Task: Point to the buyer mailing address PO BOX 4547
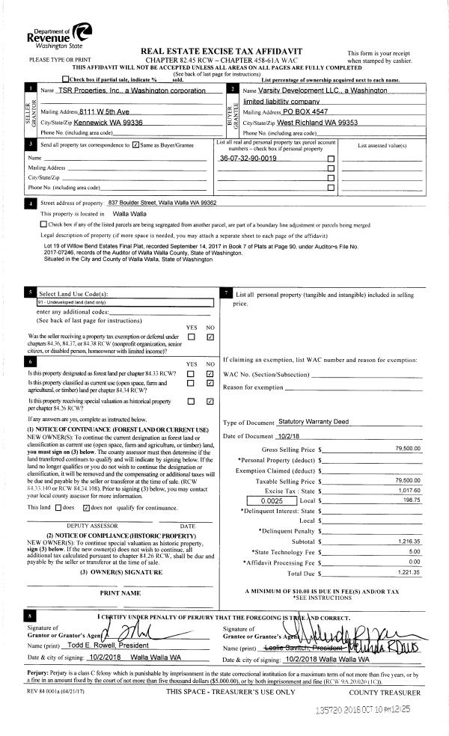pyautogui.click(x=312, y=111)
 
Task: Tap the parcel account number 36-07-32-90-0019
pyautogui.click(x=248, y=159)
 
